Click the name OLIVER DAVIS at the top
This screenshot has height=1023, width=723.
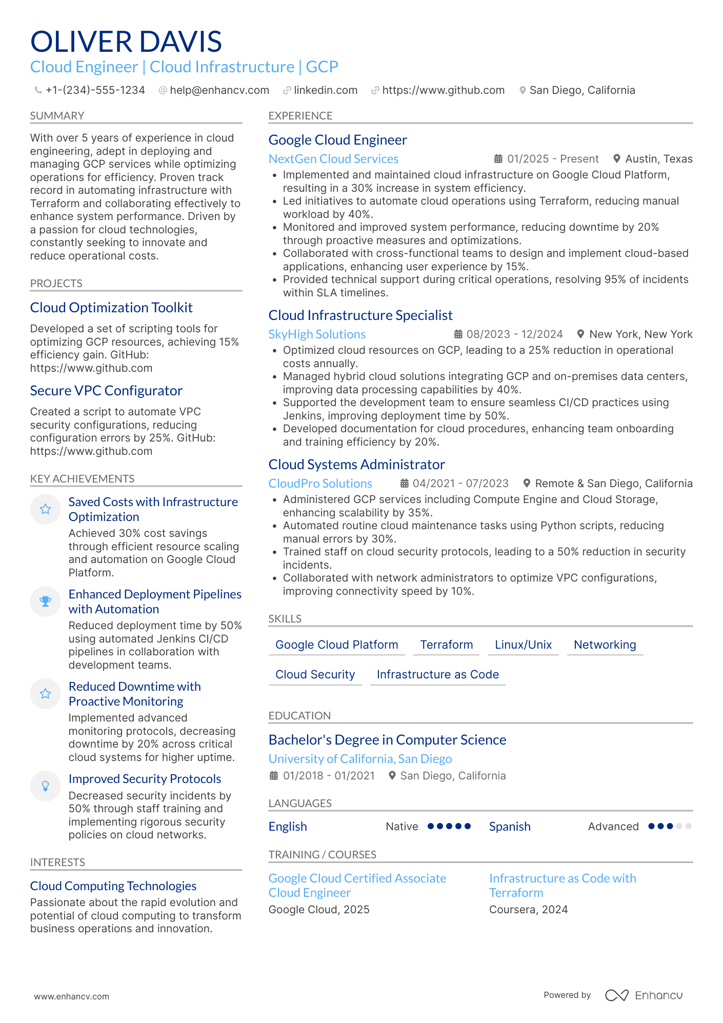click(x=126, y=42)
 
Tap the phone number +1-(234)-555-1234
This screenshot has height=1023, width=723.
click(x=95, y=90)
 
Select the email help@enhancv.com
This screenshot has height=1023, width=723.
click(x=219, y=90)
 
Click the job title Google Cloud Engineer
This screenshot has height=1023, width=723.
click(x=337, y=140)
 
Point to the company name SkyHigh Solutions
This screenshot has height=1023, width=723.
click(x=316, y=334)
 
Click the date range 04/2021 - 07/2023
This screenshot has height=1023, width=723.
click(x=460, y=484)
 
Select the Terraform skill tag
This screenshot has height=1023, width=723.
click(x=446, y=645)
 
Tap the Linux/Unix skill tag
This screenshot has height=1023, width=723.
click(x=523, y=645)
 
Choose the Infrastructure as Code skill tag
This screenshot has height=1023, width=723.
click(x=437, y=674)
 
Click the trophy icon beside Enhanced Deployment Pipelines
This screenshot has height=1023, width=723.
click(x=46, y=601)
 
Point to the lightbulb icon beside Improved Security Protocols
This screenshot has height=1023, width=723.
click(x=46, y=786)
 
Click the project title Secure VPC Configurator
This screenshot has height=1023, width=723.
click(x=106, y=391)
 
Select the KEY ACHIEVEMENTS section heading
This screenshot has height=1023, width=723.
click(x=82, y=478)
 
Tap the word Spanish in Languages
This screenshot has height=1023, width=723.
click(x=509, y=827)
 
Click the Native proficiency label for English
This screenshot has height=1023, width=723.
click(x=401, y=827)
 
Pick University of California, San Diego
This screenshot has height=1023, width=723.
click(x=360, y=759)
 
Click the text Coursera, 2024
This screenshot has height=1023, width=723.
click(x=528, y=910)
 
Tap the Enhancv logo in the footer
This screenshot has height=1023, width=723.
click(x=644, y=995)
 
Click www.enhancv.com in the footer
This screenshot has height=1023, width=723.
click(x=71, y=996)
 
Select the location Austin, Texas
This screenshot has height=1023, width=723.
click(x=658, y=159)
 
